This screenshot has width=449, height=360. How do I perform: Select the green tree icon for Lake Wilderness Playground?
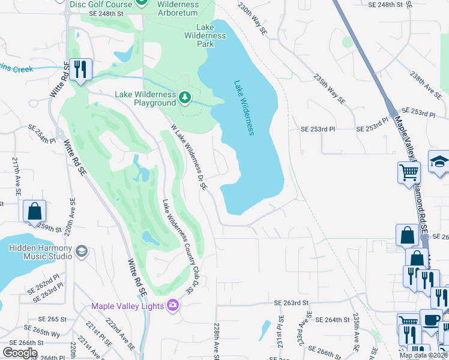[185, 96]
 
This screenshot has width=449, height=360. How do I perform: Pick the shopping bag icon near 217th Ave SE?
[34, 211]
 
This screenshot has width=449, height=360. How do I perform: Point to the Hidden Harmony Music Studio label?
[40, 252]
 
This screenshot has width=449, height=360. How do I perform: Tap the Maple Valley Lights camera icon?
[172, 305]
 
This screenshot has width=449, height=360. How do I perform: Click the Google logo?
[20, 352]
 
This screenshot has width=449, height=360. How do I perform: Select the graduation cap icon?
[439, 161]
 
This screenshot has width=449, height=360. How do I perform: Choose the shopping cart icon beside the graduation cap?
[408, 172]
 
